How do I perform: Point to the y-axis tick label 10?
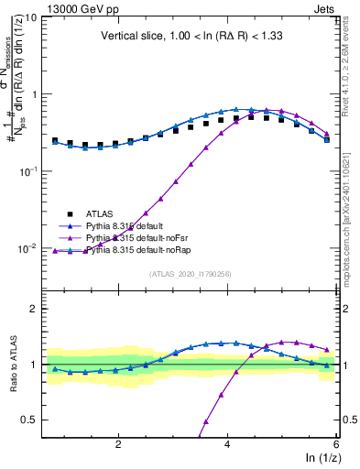coord(28,17)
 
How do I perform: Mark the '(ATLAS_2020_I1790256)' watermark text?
coord(190,274)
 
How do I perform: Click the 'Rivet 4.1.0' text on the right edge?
coord(353,82)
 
